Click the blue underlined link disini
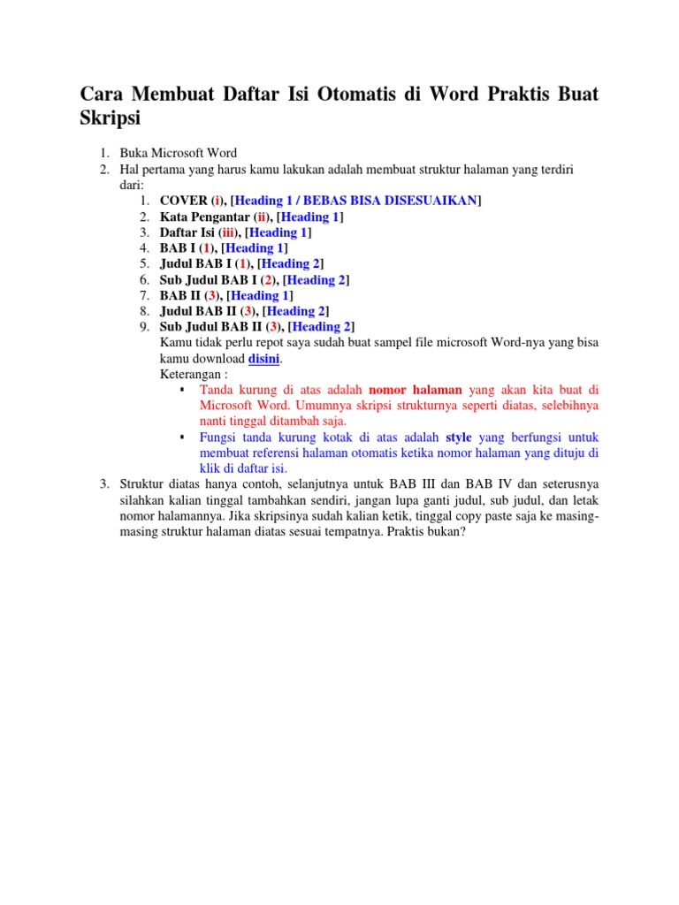tap(264, 360)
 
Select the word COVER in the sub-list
tap(184, 201)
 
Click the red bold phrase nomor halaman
tap(416, 390)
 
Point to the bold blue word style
tap(459, 437)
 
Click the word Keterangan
tap(191, 375)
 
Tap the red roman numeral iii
tap(229, 232)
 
